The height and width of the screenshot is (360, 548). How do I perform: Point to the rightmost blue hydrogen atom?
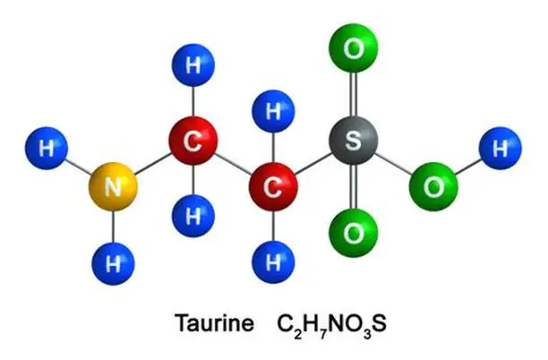tap(498, 148)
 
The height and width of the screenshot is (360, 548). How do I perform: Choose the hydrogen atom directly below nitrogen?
tap(114, 263)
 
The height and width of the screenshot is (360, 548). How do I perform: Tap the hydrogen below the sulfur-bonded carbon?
tap(274, 263)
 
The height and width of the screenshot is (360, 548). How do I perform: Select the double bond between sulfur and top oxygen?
tap(354, 95)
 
